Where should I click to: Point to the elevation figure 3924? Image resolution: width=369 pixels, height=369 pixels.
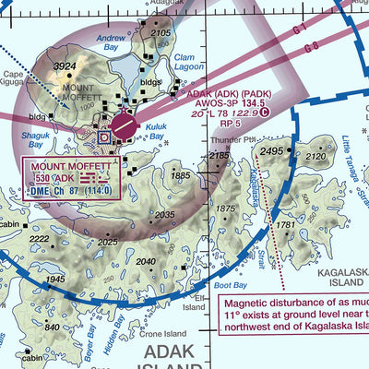(64, 66)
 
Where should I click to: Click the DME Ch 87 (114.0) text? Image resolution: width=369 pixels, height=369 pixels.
(69, 190)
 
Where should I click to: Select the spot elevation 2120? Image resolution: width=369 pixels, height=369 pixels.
(315, 157)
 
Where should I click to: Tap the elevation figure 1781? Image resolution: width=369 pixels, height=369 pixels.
(287, 225)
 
